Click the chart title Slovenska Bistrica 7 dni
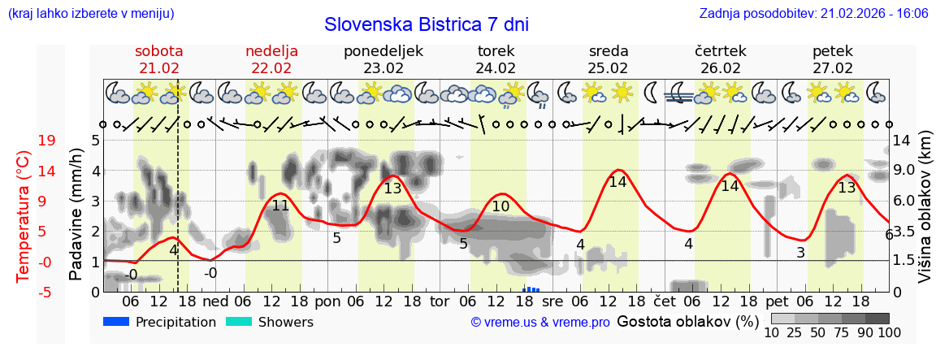426,24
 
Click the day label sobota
158,51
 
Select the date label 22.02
271,68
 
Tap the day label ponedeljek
383,51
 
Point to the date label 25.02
609,68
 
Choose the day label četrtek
721,51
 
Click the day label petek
833,51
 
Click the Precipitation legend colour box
116,322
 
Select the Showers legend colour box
238,322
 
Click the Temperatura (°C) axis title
23,215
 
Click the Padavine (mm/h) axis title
76,215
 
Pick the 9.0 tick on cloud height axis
904,171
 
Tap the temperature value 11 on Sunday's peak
280,206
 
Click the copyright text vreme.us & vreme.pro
540,323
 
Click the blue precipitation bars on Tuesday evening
531,288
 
